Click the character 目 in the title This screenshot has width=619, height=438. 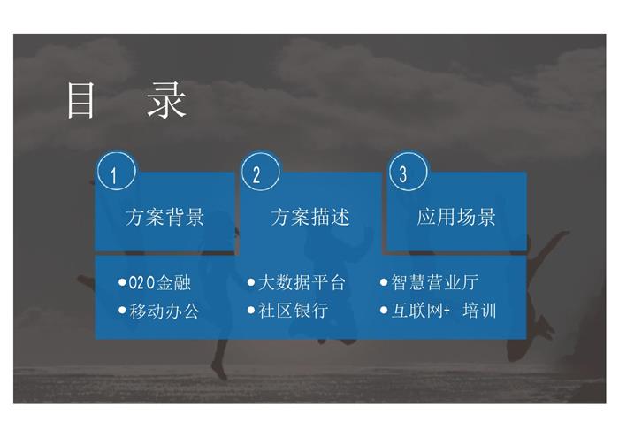[x=81, y=100]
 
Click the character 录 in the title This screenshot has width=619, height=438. [x=166, y=100]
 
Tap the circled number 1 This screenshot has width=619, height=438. [x=117, y=172]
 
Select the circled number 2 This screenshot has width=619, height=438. [x=261, y=172]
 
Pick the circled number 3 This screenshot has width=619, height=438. [x=409, y=172]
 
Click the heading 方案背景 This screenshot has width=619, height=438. [x=165, y=217]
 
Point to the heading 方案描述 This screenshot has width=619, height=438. [x=310, y=217]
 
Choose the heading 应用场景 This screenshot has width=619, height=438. [x=456, y=217]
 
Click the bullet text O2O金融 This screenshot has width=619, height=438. [x=160, y=282]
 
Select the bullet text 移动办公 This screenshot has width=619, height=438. [x=164, y=311]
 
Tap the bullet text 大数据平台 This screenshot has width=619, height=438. [x=302, y=282]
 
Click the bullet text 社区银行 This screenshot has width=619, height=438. [x=294, y=311]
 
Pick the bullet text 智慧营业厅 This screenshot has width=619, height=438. [x=435, y=282]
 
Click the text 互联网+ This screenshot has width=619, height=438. [x=421, y=311]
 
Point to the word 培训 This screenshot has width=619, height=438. [x=479, y=311]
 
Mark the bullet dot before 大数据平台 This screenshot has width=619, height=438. [x=251, y=282]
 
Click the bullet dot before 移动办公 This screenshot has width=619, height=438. [x=122, y=311]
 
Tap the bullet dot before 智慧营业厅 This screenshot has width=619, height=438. [x=384, y=282]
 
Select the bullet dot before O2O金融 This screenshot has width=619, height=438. [x=122, y=282]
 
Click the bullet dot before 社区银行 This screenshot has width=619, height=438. [x=251, y=311]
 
